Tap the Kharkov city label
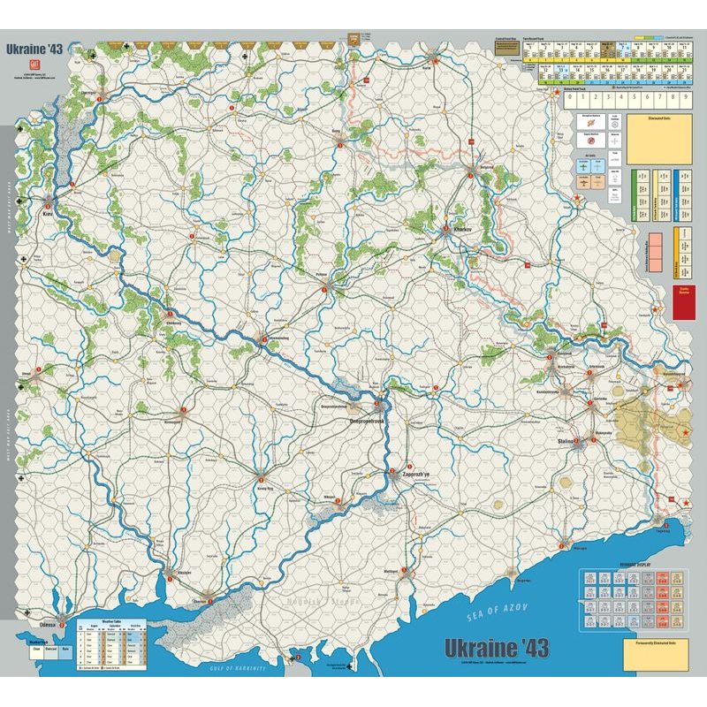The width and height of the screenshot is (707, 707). point(463,229)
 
